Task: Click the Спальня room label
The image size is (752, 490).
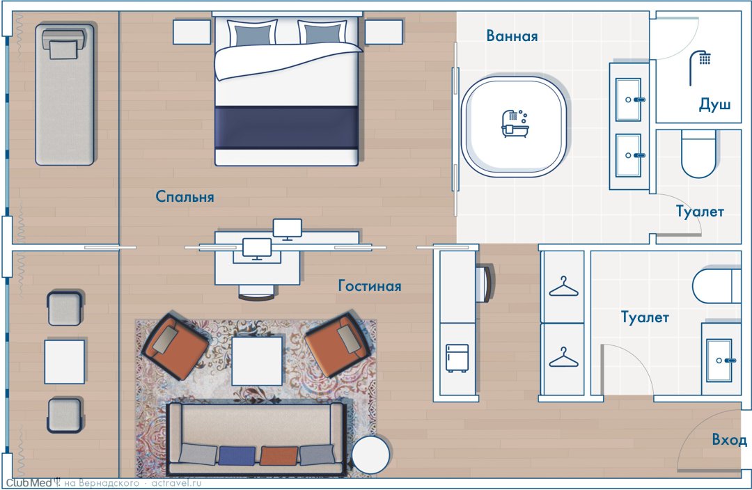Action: pyautogui.click(x=185, y=196)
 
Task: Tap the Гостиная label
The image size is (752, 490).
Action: pyautogui.click(x=370, y=286)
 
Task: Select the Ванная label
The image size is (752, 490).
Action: pyautogui.click(x=512, y=36)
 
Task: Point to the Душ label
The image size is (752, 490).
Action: pyautogui.click(x=714, y=104)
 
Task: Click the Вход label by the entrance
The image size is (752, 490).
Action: pyautogui.click(x=729, y=440)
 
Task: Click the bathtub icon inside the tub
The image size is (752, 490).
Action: pyautogui.click(x=515, y=124)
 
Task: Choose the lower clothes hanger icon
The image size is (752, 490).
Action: pyautogui.click(x=563, y=357)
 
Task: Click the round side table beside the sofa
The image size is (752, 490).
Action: pyautogui.click(x=370, y=455)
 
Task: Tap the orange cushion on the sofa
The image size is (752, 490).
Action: pyautogui.click(x=279, y=455)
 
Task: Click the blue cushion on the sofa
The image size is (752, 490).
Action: pyautogui.click(x=237, y=455)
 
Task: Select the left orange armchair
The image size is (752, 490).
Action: pyautogui.click(x=175, y=345)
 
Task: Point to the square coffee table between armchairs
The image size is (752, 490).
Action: pyautogui.click(x=257, y=361)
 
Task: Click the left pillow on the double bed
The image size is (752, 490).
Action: pyautogui.click(x=253, y=33)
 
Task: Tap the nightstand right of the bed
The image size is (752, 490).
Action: pyautogui.click(x=383, y=32)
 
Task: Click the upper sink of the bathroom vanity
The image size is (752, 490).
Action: pyautogui.click(x=628, y=100)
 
